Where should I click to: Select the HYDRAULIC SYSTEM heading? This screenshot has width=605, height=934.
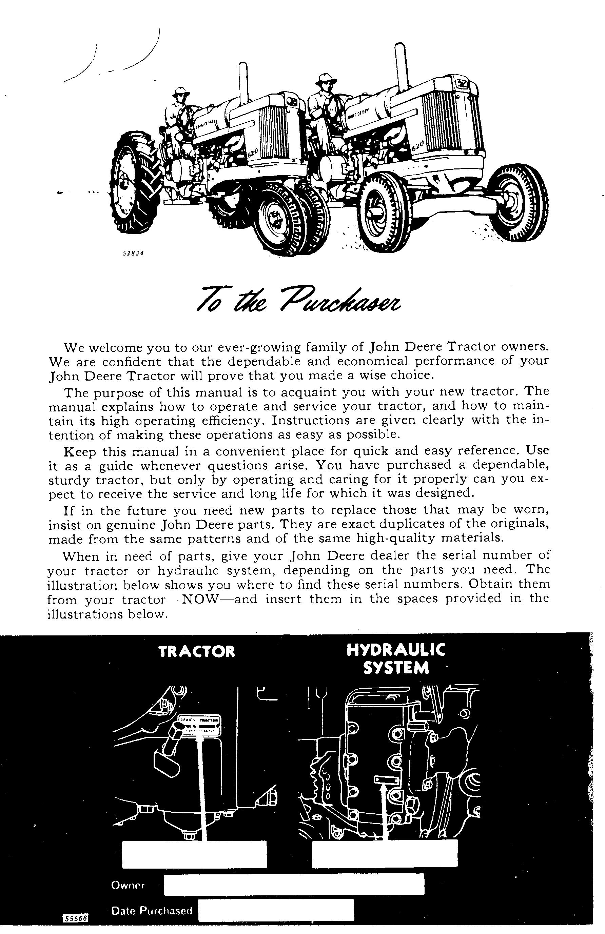[x=395, y=659]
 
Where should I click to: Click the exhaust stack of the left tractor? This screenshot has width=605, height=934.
[x=243, y=82]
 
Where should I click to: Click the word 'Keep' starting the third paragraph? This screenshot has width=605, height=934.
[x=79, y=451]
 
